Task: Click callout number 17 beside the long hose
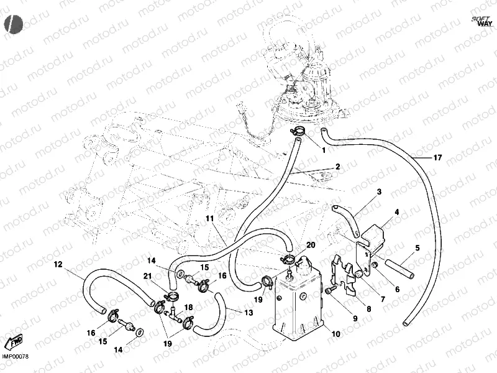(437, 158)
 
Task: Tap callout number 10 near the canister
(336, 334)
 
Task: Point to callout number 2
(338, 167)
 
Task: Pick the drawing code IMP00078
(15, 356)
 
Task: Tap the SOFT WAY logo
(482, 21)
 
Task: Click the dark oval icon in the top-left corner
(13, 24)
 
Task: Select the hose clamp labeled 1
(298, 131)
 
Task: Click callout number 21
(148, 276)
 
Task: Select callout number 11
(209, 219)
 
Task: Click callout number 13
(249, 313)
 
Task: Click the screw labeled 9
(331, 290)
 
